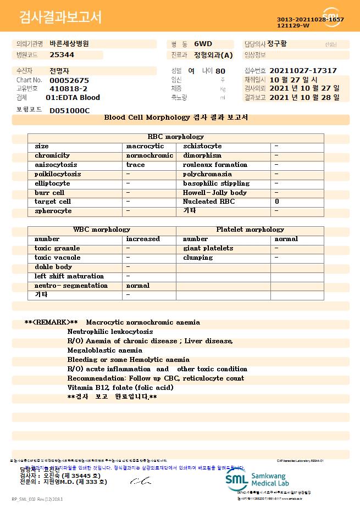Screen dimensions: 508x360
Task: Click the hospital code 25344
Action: [x=62, y=55]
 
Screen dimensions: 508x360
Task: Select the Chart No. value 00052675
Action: [x=69, y=80]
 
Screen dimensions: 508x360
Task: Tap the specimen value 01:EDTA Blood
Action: [x=73, y=98]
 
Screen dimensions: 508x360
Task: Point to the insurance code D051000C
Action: [x=69, y=110]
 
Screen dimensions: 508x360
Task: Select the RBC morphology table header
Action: [x=176, y=137]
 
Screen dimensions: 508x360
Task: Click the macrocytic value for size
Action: [x=145, y=147]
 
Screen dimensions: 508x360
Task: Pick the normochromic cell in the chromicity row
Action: [x=149, y=156]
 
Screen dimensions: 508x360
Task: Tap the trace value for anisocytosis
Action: [x=136, y=165]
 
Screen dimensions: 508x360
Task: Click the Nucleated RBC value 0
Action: [x=276, y=202]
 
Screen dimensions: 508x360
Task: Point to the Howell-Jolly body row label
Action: [x=215, y=193]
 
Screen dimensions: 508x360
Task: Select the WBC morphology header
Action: [x=102, y=230]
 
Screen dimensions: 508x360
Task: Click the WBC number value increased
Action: [x=143, y=239]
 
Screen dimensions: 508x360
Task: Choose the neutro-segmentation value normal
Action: [x=138, y=286]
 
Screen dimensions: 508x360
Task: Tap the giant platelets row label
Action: [x=208, y=248]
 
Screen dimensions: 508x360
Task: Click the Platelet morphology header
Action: [x=250, y=230]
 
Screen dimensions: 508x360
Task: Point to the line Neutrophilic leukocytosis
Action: [x=110, y=332]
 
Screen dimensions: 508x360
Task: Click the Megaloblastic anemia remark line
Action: [x=104, y=350]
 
